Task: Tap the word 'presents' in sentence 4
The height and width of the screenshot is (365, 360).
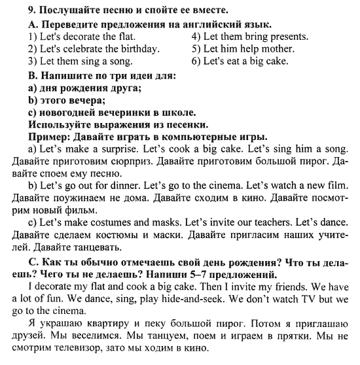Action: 287,36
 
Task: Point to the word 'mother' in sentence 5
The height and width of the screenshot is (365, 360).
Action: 278,49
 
